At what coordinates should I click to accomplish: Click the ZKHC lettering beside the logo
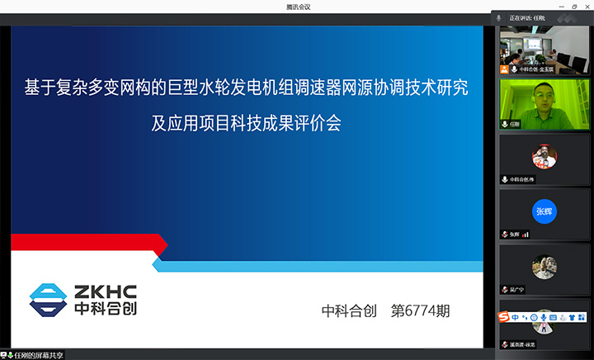(106, 291)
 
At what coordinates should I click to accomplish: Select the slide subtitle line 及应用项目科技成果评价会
(246, 124)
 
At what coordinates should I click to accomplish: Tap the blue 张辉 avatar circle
(544, 211)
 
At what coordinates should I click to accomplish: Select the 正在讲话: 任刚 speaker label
(529, 17)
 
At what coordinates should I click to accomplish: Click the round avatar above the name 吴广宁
(544, 267)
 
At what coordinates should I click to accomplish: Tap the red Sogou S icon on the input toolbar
(502, 316)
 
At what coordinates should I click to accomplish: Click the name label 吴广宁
(520, 290)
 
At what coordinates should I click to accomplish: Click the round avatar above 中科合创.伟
(544, 156)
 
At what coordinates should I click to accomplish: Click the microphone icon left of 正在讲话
(499, 17)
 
